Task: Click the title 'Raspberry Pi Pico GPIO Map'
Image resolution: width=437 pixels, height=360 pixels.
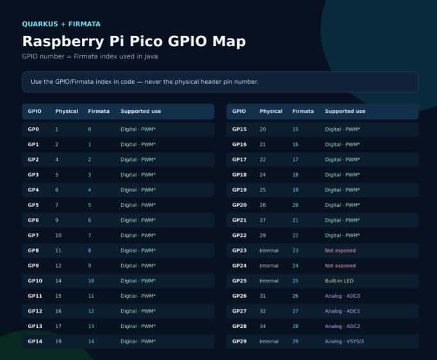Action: pos(134,41)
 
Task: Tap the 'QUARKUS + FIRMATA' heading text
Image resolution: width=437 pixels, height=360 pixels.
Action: pos(62,24)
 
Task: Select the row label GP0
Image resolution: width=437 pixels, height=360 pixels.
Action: pos(33,129)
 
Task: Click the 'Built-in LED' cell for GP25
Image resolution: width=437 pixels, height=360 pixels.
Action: pos(339,281)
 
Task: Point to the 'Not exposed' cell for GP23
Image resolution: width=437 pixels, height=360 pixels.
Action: pos(340,250)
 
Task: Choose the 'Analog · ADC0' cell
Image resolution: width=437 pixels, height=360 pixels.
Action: pos(343,296)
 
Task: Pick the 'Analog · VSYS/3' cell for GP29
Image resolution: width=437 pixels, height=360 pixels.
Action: pos(344,341)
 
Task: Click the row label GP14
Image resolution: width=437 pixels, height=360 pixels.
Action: pos(35,341)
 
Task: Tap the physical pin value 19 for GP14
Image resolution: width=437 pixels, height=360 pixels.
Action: pos(58,341)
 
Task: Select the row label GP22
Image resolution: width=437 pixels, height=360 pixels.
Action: pos(239,236)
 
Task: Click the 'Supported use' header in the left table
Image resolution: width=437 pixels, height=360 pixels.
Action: pos(141,111)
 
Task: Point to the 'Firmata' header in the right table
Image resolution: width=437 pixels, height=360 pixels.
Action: pos(303,111)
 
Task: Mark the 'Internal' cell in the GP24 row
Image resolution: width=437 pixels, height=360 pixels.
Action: pos(269,266)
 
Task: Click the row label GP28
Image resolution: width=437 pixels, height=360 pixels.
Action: pos(239,326)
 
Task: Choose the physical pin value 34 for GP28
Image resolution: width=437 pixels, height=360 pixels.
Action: pos(263,326)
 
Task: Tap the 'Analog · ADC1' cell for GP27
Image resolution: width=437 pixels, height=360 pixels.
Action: pos(343,311)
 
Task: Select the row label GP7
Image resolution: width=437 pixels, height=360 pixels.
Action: pos(33,236)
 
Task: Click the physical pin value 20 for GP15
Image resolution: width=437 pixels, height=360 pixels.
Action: pos(263,129)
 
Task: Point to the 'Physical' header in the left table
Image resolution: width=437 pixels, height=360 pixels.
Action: pos(67,111)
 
